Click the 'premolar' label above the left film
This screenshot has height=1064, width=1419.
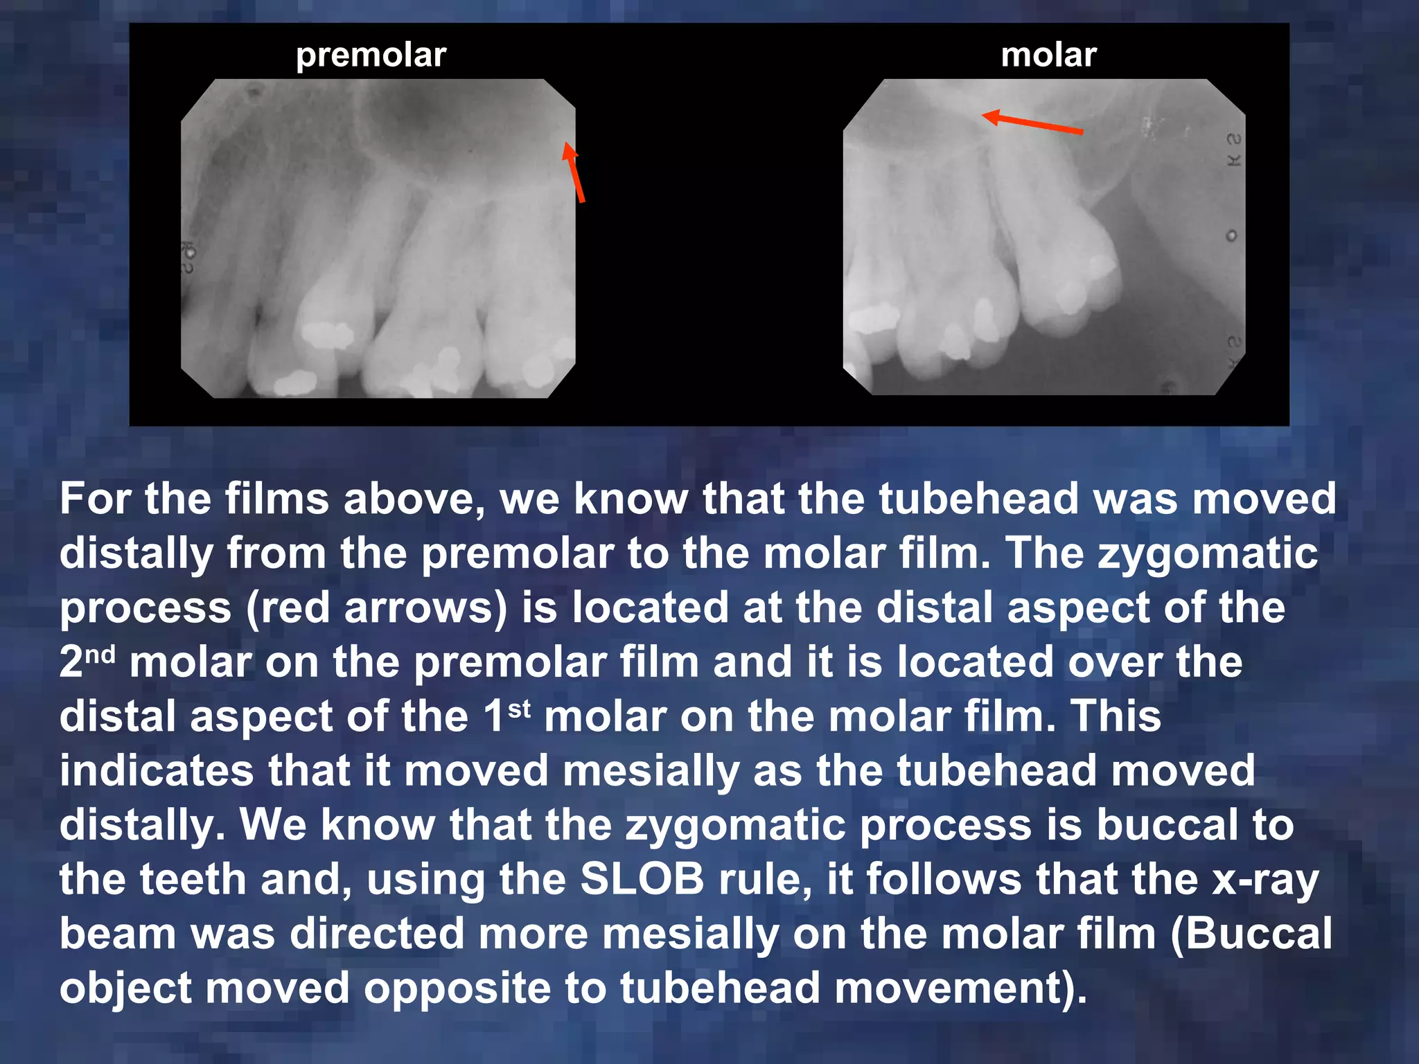[x=371, y=55]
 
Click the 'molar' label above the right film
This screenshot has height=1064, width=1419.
[x=1048, y=55]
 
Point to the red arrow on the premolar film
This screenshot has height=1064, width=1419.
[x=574, y=172]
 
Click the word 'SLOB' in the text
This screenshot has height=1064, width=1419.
[x=642, y=879]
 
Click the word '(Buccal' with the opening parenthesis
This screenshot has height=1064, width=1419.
[x=1251, y=933]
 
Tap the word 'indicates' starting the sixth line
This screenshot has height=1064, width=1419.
[x=156, y=770]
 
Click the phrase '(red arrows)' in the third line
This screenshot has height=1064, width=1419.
[x=377, y=608]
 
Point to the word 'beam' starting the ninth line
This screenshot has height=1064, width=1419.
[x=118, y=933]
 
